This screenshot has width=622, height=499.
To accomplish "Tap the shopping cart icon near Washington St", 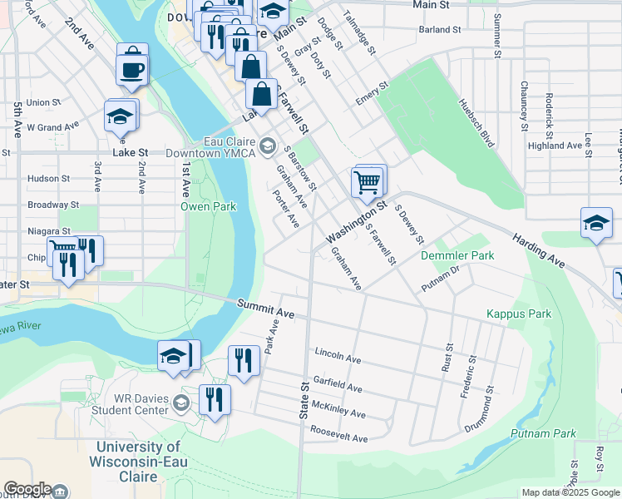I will coord(368,180).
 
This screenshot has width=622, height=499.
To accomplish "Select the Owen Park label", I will coord(210,206).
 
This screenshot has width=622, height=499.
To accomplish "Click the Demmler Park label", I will coord(457,255).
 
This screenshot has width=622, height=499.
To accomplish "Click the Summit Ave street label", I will coord(265,310).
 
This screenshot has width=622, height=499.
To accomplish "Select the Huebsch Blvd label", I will coord(476,122).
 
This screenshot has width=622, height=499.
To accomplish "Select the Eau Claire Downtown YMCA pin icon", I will coord(267,147).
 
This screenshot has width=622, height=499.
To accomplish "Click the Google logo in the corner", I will coord(27,489).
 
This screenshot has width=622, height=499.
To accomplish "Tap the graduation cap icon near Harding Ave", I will coord(596,224).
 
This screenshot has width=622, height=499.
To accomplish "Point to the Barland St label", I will coord(440,29).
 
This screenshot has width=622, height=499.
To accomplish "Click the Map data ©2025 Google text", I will coord(570,492).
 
